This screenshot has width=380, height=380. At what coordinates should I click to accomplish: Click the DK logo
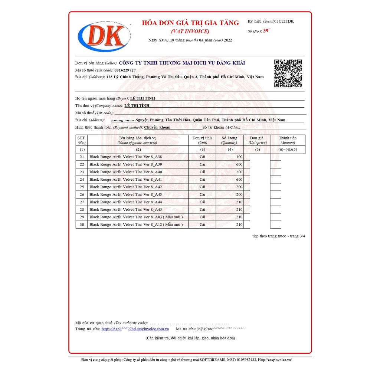[104, 36]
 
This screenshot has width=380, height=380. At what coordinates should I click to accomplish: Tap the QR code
[288, 73]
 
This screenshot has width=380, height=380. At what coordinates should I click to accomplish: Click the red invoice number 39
[266, 31]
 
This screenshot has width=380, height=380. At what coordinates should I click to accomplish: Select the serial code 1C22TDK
[285, 21]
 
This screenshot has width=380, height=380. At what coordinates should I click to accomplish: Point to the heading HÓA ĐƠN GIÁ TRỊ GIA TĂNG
[190, 23]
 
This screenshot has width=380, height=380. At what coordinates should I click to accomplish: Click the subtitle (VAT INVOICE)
[190, 32]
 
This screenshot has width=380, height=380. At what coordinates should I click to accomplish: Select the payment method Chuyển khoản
[157, 127]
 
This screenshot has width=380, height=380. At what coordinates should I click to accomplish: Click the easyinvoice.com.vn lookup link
[135, 329]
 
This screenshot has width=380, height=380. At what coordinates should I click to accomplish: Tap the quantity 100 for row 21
[239, 157]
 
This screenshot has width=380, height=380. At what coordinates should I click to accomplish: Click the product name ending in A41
[125, 180]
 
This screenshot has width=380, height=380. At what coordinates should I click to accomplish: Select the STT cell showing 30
[82, 225]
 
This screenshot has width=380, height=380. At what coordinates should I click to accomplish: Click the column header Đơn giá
[256, 138]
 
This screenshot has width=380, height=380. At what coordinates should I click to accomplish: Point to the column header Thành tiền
[288, 138]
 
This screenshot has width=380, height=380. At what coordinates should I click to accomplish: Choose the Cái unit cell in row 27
[202, 202]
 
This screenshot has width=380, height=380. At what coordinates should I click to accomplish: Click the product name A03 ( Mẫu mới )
[136, 217]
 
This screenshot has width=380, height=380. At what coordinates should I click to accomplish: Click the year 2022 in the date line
[228, 40]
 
